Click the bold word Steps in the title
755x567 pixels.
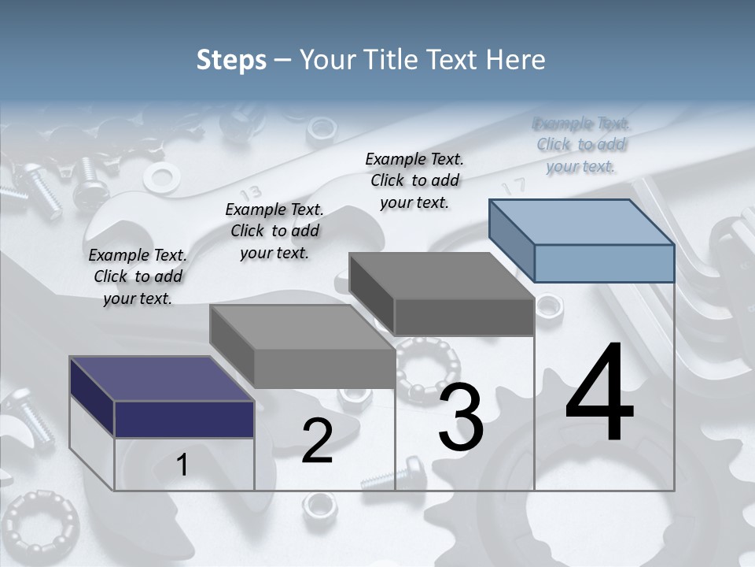pyautogui.click(x=231, y=60)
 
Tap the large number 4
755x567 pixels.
pyautogui.click(x=599, y=394)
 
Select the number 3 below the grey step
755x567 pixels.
pyautogui.click(x=461, y=417)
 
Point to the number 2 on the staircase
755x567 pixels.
pyautogui.click(x=317, y=441)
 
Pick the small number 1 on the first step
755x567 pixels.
pyautogui.click(x=182, y=465)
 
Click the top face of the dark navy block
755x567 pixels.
pyautogui.click(x=162, y=379)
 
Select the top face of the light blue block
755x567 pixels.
pyautogui.click(x=582, y=221)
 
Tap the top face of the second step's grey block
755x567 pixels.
pyautogui.click(x=302, y=327)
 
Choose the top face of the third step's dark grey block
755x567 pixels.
pyautogui.click(x=442, y=276)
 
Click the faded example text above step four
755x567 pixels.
pyautogui.click(x=581, y=145)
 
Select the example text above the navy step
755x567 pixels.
pyautogui.click(x=138, y=276)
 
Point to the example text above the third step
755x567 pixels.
pyautogui.click(x=414, y=180)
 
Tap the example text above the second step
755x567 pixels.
pyautogui.click(x=274, y=231)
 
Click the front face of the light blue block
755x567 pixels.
pyautogui.click(x=604, y=263)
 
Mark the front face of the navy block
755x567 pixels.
pyautogui.click(x=184, y=419)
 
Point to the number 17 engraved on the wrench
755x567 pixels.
pyautogui.click(x=514, y=187)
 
